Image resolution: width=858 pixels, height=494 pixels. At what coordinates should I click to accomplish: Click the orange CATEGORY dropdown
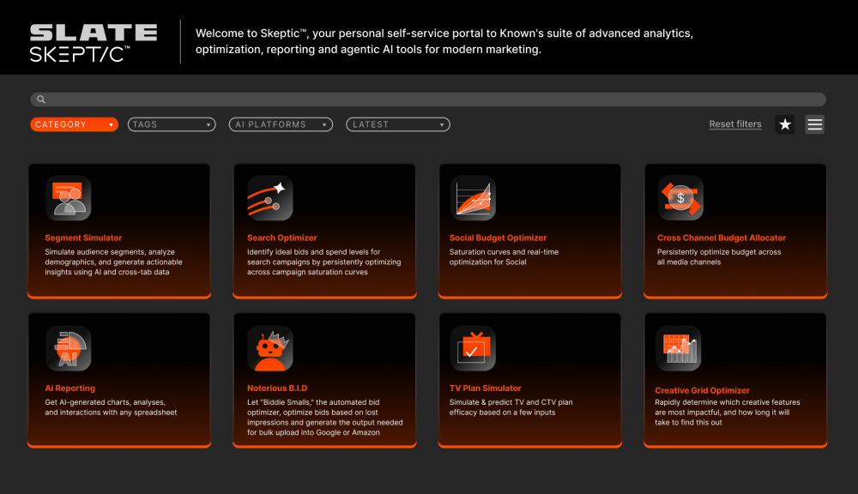click(74, 124)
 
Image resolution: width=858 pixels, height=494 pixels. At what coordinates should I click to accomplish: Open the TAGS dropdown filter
click(172, 124)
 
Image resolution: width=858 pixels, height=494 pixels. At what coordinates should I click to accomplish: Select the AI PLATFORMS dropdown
click(281, 124)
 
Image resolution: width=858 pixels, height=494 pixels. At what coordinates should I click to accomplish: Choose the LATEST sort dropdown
click(398, 124)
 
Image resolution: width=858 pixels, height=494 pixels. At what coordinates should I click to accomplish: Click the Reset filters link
click(735, 124)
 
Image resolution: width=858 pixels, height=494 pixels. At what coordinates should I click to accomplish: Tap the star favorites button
click(785, 124)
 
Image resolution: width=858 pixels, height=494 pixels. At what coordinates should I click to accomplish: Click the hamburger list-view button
click(815, 124)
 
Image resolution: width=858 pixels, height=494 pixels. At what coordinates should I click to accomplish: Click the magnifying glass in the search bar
click(41, 99)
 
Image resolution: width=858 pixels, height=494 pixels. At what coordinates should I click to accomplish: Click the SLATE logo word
click(94, 33)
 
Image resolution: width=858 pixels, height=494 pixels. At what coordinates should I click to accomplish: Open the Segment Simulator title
click(83, 238)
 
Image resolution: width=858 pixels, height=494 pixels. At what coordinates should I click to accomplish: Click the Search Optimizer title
click(281, 238)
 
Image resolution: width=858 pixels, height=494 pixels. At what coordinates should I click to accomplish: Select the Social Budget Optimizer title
click(498, 238)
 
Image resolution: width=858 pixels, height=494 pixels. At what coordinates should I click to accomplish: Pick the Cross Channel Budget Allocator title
click(722, 238)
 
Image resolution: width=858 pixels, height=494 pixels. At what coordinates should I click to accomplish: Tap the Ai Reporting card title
click(70, 389)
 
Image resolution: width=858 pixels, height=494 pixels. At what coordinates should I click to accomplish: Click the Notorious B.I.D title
click(277, 389)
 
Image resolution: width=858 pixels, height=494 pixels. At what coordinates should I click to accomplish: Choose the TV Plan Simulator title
click(486, 389)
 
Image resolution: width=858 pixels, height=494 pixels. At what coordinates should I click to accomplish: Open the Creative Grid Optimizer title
click(702, 390)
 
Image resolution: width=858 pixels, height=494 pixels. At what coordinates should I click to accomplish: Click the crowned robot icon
click(270, 349)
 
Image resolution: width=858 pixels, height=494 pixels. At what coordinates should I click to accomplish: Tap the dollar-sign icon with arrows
click(680, 198)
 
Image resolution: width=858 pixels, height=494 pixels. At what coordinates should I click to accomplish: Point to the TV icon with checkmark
click(473, 349)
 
